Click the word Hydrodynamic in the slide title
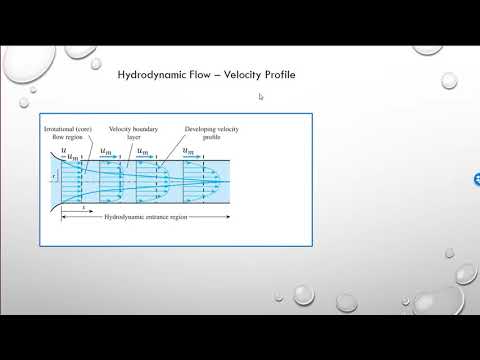(x=148, y=74)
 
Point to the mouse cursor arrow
(x=260, y=97)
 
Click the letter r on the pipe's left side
(x=52, y=175)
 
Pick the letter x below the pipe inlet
(x=70, y=206)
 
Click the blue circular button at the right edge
(x=476, y=179)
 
